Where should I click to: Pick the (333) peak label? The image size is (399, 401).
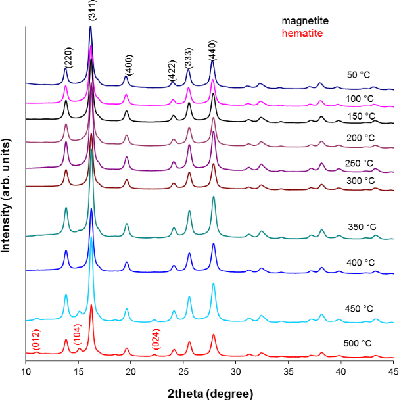pyautogui.click(x=188, y=58)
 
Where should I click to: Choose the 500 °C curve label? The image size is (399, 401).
pyautogui.click(x=360, y=343)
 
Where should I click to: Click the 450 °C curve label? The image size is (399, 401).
pyautogui.click(x=360, y=308)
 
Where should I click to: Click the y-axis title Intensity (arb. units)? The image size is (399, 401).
pyautogui.click(x=9, y=191)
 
